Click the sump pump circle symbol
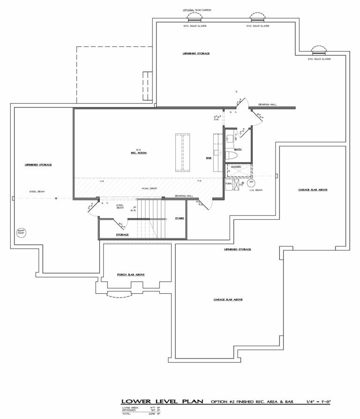(20, 232)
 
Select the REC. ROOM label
(136, 153)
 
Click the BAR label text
(209, 158)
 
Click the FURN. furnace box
(229, 184)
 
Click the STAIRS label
(179, 219)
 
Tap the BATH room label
(238, 149)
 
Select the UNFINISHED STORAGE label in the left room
(38, 165)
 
